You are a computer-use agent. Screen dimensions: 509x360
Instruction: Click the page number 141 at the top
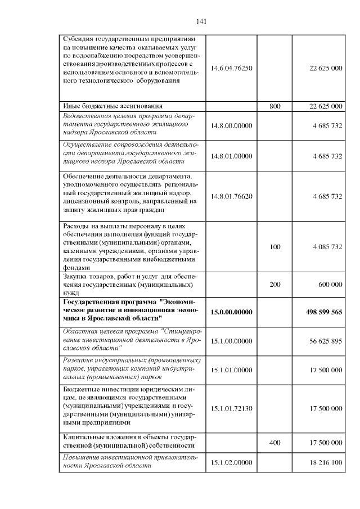coord(202,22)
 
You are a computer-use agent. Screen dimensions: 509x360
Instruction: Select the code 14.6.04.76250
coord(232,68)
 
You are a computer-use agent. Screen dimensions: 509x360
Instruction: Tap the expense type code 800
coord(275,106)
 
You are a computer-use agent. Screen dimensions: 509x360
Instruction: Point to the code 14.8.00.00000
coord(232,125)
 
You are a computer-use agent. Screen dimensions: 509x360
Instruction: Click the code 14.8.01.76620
coord(232,196)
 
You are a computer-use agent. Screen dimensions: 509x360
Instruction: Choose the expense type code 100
coord(275,247)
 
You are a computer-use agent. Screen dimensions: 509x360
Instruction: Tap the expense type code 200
coord(275,285)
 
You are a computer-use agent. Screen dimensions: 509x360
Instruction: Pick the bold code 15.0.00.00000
coord(232,312)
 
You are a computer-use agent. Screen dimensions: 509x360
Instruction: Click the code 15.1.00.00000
coord(232,340)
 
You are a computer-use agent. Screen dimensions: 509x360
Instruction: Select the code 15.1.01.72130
coord(232,408)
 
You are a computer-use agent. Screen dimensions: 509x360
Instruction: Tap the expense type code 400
coord(275,443)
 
